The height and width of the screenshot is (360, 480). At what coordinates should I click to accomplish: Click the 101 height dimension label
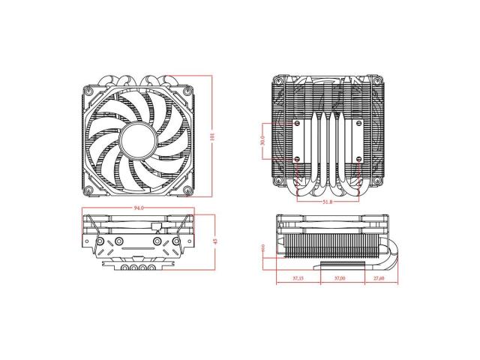[213, 137]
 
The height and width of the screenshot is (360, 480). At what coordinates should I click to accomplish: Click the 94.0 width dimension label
[138, 206]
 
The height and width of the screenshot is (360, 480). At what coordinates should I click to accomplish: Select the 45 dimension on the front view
[215, 241]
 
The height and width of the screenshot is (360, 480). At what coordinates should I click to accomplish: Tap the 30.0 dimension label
[262, 140]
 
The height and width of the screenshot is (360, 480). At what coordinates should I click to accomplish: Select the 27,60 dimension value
[379, 278]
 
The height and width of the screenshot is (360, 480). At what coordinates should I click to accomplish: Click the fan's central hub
[138, 138]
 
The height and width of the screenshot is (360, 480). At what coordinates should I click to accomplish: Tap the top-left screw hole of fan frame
[90, 88]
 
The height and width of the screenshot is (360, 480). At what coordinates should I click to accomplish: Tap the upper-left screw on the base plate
[298, 121]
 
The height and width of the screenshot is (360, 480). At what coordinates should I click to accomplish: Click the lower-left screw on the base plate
[298, 159]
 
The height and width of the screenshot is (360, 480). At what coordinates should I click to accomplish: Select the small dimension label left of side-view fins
[263, 248]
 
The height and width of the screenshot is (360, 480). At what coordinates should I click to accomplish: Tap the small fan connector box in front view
[156, 225]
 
